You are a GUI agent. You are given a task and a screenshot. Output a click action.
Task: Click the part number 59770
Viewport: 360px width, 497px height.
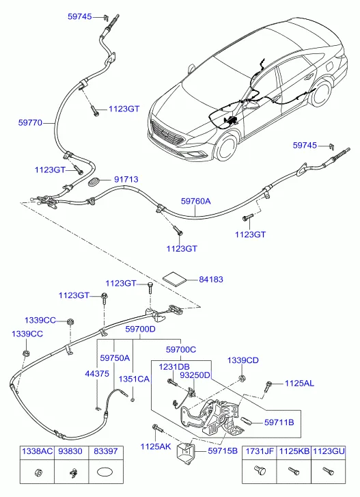pyautogui.click(x=30, y=122)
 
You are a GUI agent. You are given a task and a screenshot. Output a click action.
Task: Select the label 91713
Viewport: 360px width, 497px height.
pyautogui.click(x=126, y=179)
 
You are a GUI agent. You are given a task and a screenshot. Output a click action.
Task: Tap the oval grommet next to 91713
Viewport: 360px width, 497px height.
pyautogui.click(x=94, y=182)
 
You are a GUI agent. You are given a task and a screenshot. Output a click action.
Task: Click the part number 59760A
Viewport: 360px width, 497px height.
pyautogui.click(x=195, y=201)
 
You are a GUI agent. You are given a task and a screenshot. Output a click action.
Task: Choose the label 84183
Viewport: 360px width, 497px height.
pyautogui.click(x=211, y=280)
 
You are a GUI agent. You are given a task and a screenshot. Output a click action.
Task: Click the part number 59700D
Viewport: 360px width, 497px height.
pyautogui.click(x=140, y=329)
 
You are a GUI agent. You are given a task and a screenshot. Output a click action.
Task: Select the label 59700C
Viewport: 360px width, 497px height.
pyautogui.click(x=181, y=349)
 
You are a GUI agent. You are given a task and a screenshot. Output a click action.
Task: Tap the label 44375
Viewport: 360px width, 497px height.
pyautogui.click(x=97, y=374)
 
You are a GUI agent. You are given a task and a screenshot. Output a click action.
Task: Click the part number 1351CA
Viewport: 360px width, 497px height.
pyautogui.click(x=134, y=379)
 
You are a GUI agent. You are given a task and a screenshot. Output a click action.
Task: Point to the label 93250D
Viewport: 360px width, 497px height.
pyautogui.click(x=195, y=375)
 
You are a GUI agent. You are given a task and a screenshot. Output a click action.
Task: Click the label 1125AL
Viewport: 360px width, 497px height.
pyautogui.click(x=299, y=384)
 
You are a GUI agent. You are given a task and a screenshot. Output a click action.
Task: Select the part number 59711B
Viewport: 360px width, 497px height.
pyautogui.click(x=279, y=422)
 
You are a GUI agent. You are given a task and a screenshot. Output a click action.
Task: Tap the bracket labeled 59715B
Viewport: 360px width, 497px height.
pyautogui.click(x=185, y=451)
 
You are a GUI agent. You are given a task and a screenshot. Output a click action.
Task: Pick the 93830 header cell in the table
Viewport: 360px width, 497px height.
pyautogui.click(x=71, y=451)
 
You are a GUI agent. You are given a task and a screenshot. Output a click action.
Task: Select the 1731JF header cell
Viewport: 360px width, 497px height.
pyautogui.click(x=260, y=451)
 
